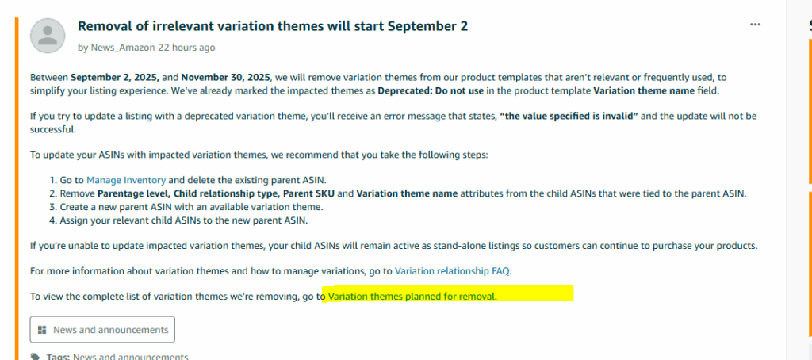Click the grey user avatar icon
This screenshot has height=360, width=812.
pos(48,36)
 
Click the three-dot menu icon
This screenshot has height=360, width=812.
pos(755,25)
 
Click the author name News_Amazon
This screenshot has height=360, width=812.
pos(123,48)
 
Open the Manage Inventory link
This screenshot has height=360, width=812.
pos(126,180)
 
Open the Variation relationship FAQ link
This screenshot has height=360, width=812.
pos(453,270)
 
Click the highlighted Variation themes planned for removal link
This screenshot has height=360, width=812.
pos(412,297)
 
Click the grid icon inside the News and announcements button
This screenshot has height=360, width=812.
pos(43,330)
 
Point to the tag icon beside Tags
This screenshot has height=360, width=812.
pos(35,357)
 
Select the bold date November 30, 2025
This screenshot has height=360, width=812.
pos(226,78)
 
